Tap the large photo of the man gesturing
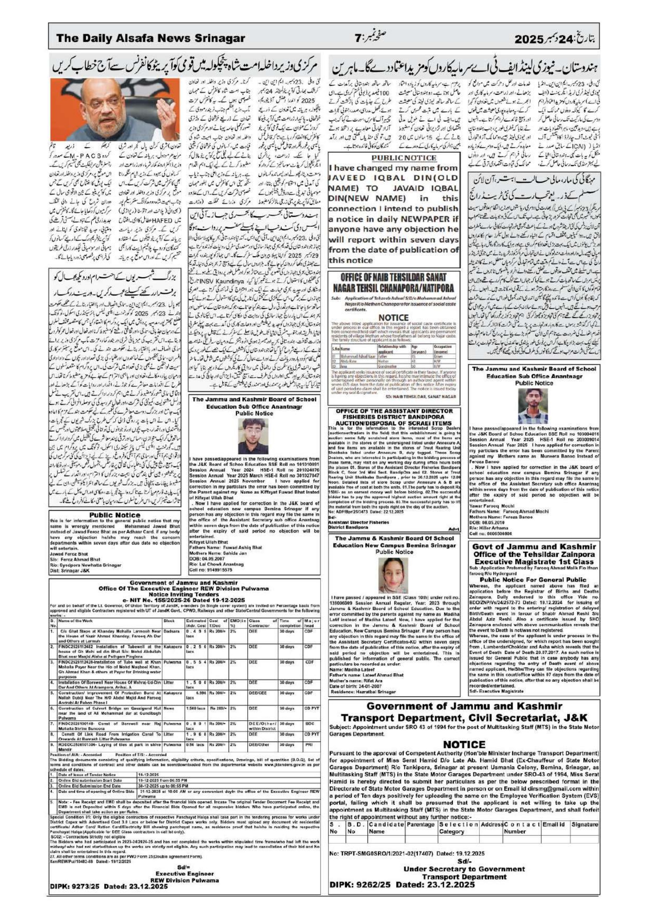click(x=115, y=110)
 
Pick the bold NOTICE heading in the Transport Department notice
click(x=464, y=744)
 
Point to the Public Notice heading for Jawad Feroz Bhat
click(x=115, y=515)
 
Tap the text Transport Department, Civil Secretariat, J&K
click(x=464, y=717)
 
